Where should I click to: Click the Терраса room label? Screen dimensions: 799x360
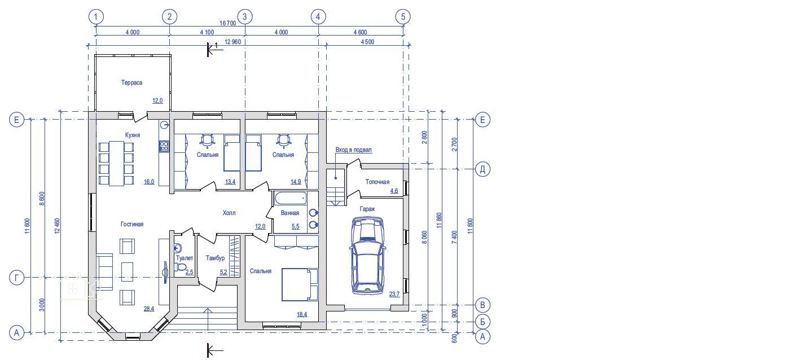pyautogui.click(x=131, y=82)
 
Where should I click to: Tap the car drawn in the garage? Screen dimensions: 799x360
pyautogui.click(x=368, y=256)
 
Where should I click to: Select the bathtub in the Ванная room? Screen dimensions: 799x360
pyautogui.click(x=289, y=198)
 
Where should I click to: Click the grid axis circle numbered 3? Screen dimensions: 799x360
pyautogui.click(x=245, y=16)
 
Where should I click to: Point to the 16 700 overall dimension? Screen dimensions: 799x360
pyautogui.click(x=227, y=23)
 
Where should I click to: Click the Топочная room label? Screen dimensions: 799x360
pyautogui.click(x=377, y=182)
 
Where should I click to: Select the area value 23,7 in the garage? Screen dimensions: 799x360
pyautogui.click(x=394, y=294)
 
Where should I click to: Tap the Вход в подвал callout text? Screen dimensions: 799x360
pyautogui.click(x=353, y=150)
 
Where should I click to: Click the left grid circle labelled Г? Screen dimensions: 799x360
pyautogui.click(x=16, y=277)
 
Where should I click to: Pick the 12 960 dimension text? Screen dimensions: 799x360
pyautogui.click(x=233, y=42)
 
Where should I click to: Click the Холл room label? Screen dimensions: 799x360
pyautogui.click(x=229, y=213)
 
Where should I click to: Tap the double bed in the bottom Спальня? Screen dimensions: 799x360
pyautogui.click(x=300, y=285)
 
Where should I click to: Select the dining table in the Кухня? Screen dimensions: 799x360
pyautogui.click(x=116, y=164)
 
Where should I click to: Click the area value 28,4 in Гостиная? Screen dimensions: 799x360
pyautogui.click(x=149, y=309)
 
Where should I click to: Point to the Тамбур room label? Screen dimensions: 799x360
pyautogui.click(x=215, y=258)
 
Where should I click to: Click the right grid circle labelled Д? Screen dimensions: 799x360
pyautogui.click(x=482, y=169)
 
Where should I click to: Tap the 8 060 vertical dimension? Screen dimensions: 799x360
pyautogui.click(x=424, y=237)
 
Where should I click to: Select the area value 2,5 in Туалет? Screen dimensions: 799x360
pyautogui.click(x=189, y=272)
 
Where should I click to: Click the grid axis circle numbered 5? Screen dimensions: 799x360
pyautogui.click(x=403, y=16)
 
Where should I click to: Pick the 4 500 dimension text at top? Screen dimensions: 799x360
pyautogui.click(x=367, y=42)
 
